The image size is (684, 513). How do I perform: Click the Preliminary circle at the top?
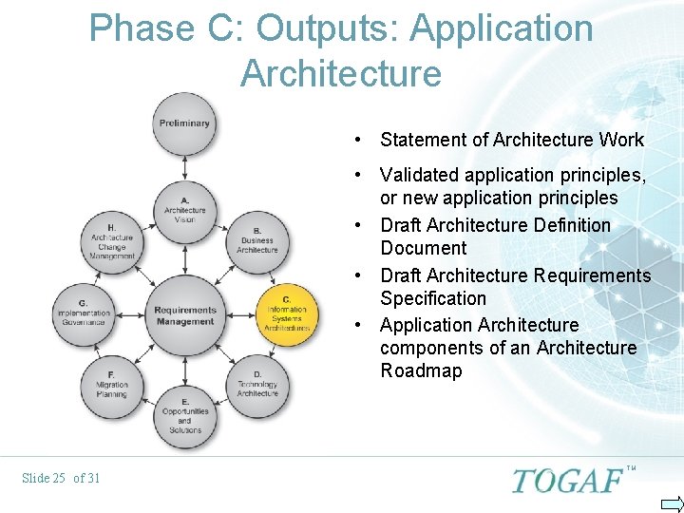(184, 123)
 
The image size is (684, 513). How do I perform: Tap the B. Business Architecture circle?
(257, 241)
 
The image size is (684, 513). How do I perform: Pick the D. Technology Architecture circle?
(257, 383)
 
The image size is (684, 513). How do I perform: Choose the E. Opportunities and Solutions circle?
(184, 416)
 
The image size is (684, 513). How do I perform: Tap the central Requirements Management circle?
(184, 314)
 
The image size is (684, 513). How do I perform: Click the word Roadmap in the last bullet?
(421, 371)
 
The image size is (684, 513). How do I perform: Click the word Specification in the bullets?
(433, 298)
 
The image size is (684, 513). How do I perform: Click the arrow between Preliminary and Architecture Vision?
(184, 168)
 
